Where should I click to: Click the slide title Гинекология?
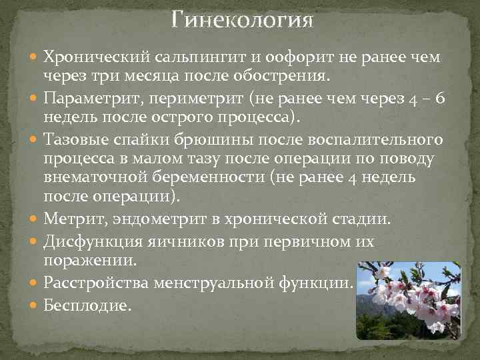(241, 19)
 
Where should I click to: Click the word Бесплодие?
(87, 305)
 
